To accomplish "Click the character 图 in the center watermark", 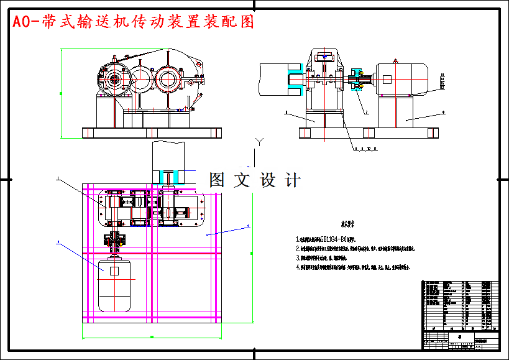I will tap(217, 180).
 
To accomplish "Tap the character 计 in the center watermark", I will tap(291, 180).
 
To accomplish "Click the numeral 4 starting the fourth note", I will tap(298, 267).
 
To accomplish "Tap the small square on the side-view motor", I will tap(387, 80).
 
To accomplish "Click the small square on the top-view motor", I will tap(114, 271).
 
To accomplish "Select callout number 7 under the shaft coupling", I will tap(367, 113).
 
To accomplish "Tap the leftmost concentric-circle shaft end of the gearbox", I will tap(114, 80).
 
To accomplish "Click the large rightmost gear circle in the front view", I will tap(167, 78).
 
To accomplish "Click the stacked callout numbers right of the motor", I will tap(443, 81).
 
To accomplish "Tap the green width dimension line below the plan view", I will tap(151, 338).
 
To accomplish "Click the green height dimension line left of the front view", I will tap(61, 93).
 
